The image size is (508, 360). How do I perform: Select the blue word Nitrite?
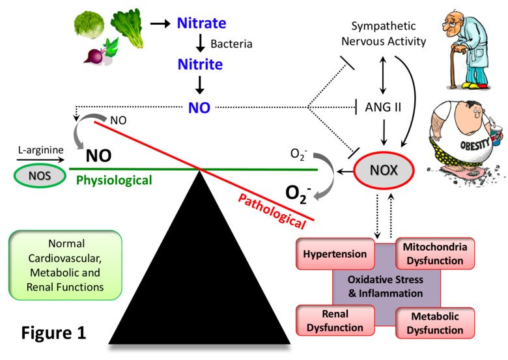201,64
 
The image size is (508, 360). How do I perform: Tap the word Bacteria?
231,45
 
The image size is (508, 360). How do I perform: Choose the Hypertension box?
335,255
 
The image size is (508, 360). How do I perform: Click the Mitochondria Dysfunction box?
434,255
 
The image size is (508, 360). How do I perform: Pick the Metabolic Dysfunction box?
434,322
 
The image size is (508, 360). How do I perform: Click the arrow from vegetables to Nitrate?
160,24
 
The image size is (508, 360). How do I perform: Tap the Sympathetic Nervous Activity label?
388,34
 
